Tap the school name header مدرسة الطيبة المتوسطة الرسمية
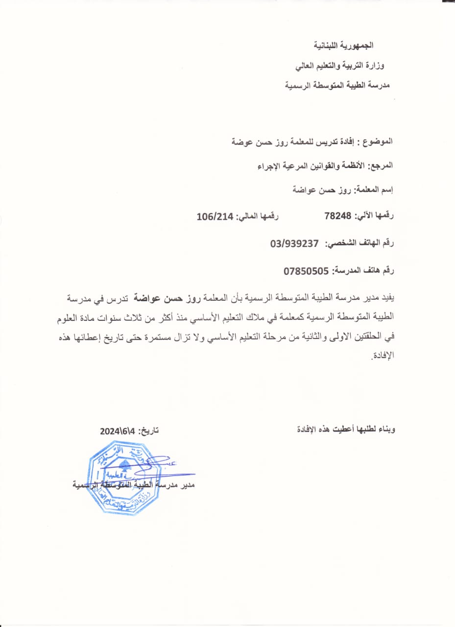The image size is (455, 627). tap(337, 85)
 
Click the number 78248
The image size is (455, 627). tap(339, 215)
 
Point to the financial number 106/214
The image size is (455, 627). tap(216, 215)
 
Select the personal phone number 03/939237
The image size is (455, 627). tap(294, 243)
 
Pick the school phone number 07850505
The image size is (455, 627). tap(308, 270)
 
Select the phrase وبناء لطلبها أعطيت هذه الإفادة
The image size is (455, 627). tap(347, 430)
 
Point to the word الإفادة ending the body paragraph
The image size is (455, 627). tap(383, 355)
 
